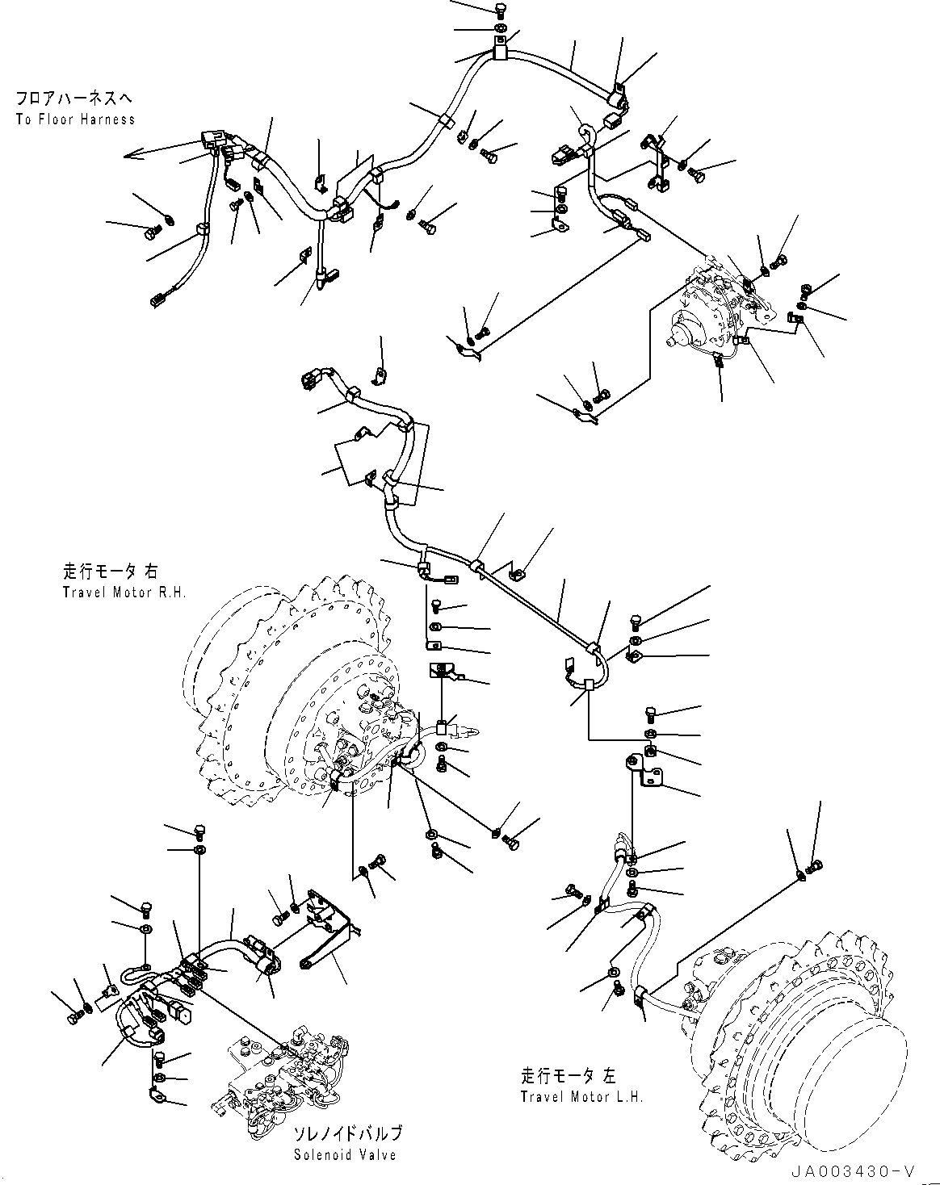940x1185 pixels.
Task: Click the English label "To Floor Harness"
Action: pyautogui.click(x=74, y=119)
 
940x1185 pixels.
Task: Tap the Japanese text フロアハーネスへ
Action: pyautogui.click(x=73, y=99)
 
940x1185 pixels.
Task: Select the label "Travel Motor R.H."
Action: pyautogui.click(x=124, y=592)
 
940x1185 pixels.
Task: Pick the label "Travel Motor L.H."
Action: pyautogui.click(x=581, y=1097)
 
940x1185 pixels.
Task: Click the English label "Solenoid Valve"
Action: pyautogui.click(x=345, y=1155)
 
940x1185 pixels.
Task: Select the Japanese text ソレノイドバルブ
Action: pyautogui.click(x=346, y=1134)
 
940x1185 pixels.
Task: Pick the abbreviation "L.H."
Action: pyautogui.click(x=629, y=1097)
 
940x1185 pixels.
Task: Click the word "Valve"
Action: pyautogui.click(x=378, y=1155)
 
